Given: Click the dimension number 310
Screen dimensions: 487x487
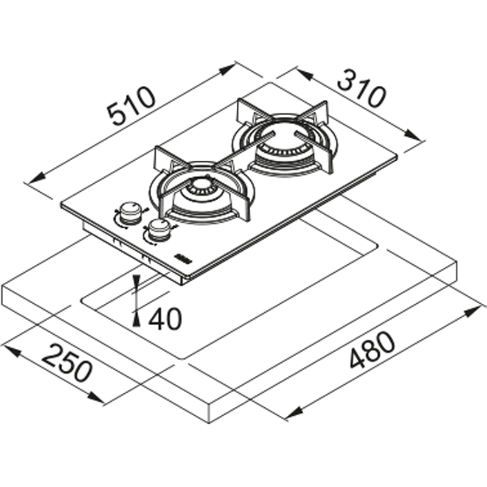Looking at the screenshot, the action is click(361, 88).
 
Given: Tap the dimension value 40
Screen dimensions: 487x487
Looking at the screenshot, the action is click(165, 318).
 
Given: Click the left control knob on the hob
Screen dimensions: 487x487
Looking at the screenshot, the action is click(130, 212).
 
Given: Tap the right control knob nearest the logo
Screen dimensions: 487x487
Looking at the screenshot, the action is click(159, 231).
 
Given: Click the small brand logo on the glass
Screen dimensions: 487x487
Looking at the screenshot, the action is click(184, 258).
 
